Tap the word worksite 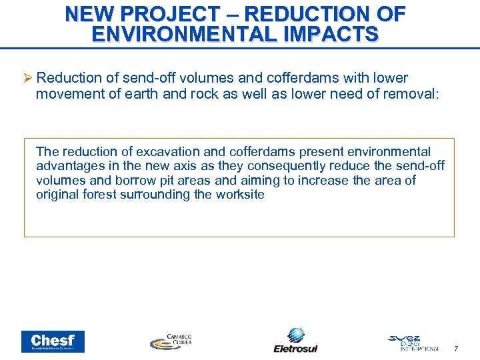(238, 195)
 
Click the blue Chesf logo (53, 341)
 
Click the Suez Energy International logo (413, 342)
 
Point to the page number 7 (456, 349)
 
